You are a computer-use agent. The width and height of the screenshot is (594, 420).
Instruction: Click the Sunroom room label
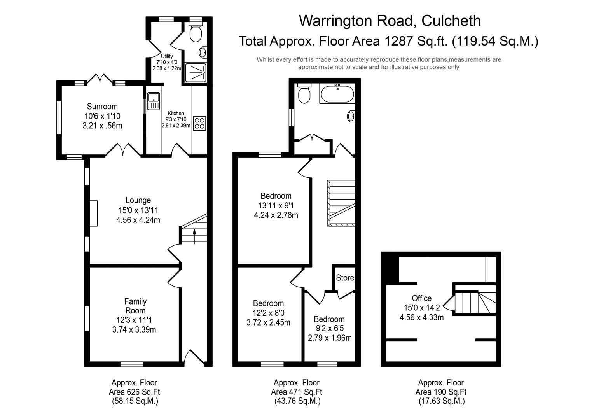[x=102, y=107]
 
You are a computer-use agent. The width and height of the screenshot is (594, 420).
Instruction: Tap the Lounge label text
[x=138, y=200]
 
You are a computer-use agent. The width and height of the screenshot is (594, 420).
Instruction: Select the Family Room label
[x=135, y=306]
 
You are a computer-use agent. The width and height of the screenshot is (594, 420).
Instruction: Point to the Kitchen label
[x=176, y=113]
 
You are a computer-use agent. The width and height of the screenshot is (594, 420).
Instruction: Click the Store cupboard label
[x=345, y=278]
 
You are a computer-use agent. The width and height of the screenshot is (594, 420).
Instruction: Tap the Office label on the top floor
[x=422, y=298]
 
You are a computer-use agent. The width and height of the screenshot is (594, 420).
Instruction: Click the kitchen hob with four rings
[x=199, y=123]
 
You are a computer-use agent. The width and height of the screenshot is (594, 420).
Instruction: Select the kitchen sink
[x=154, y=101]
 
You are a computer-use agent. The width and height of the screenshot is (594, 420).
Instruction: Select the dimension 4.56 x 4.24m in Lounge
[x=138, y=220]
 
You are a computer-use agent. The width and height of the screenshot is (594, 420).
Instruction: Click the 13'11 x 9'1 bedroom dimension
[x=276, y=205]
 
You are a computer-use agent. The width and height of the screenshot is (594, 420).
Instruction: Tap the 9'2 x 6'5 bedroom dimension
[x=329, y=329]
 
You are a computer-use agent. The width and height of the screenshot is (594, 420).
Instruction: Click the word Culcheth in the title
[x=451, y=21]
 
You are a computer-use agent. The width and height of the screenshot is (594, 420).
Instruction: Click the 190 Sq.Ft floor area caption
[x=441, y=392]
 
